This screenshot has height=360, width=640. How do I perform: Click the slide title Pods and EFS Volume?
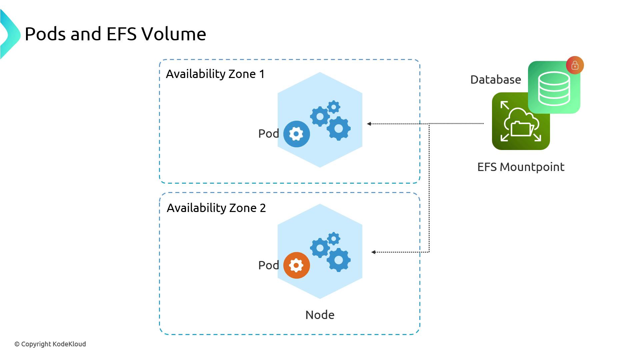pyautogui.click(x=115, y=34)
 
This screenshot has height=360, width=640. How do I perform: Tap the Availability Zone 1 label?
pyautogui.click(x=215, y=74)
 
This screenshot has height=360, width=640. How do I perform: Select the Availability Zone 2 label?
pyautogui.click(x=216, y=208)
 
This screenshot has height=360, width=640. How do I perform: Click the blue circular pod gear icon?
pyautogui.click(x=296, y=134)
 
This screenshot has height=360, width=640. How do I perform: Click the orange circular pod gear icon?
pyautogui.click(x=296, y=265)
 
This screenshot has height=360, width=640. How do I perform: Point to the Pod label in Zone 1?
pyautogui.click(x=268, y=134)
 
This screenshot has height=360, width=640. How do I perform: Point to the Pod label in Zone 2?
pyautogui.click(x=268, y=265)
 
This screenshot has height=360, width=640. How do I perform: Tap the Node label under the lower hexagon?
pyautogui.click(x=320, y=315)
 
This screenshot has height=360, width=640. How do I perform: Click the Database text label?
pyautogui.click(x=495, y=80)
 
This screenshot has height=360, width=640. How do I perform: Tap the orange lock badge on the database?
pyautogui.click(x=575, y=65)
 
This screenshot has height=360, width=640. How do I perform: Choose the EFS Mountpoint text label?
pyautogui.click(x=521, y=167)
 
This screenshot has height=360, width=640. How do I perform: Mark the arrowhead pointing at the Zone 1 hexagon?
pyautogui.click(x=369, y=124)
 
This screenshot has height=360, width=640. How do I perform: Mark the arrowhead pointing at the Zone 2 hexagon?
pyautogui.click(x=373, y=252)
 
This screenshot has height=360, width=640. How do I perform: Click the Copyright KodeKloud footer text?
pyautogui.click(x=50, y=344)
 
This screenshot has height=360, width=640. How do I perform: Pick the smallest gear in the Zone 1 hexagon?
pyautogui.click(x=334, y=107)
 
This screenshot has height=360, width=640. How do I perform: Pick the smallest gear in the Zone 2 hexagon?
pyautogui.click(x=334, y=239)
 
